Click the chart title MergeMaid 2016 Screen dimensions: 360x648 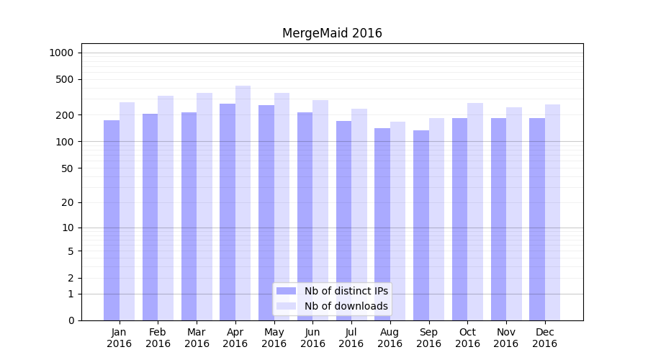[x=332, y=33]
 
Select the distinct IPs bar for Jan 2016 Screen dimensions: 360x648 [x=112, y=220]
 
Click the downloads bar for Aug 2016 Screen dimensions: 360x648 [x=398, y=220]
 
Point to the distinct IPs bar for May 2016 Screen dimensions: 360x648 [x=266, y=212]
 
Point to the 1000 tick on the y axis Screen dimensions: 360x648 [x=61, y=53]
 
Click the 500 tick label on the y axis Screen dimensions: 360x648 [x=66, y=79]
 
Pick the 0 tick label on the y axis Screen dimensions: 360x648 [x=71, y=320]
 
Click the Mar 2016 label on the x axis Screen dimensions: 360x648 [x=197, y=338]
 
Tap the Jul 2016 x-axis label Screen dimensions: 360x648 [x=351, y=338]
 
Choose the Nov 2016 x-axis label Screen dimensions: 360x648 [x=506, y=338]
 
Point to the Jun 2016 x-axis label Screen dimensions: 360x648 [x=312, y=338]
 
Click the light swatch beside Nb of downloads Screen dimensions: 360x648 [x=287, y=306]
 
